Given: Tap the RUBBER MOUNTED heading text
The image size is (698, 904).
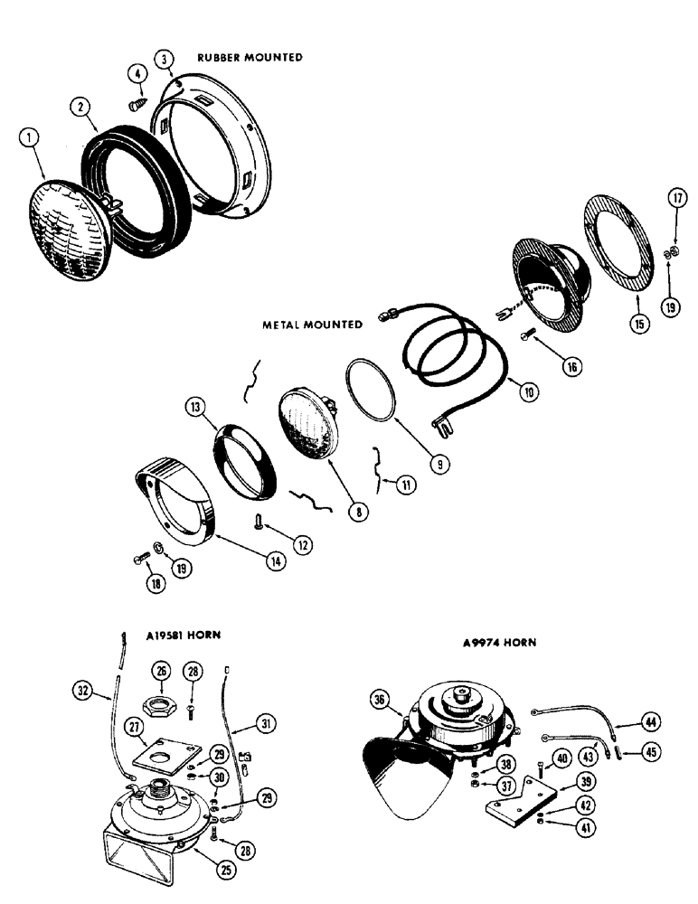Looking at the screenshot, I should click(250, 57).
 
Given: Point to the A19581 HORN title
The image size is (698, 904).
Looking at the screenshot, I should click(184, 636).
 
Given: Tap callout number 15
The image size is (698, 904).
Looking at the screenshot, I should click(641, 323).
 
